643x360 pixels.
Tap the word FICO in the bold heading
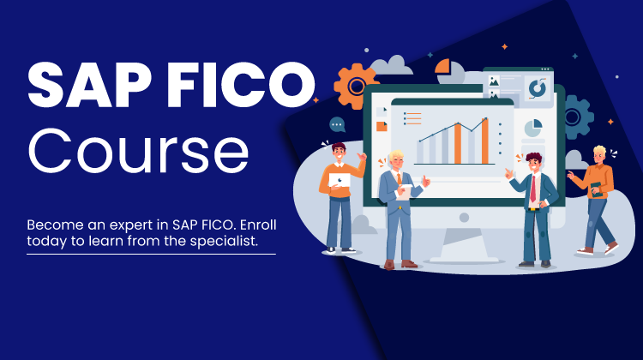(x=241, y=85)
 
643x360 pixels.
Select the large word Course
(x=138, y=151)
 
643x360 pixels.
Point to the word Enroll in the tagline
(x=258, y=225)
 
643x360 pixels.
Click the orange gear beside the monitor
(x=355, y=86)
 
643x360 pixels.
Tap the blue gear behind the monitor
(x=577, y=117)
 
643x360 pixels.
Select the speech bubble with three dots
(x=337, y=124)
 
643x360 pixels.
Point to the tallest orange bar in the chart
(x=484, y=141)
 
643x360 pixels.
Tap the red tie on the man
(x=533, y=189)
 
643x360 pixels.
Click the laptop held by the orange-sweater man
(x=340, y=180)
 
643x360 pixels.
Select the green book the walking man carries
(x=597, y=189)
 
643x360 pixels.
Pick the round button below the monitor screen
(x=464, y=218)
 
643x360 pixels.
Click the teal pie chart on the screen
(x=533, y=128)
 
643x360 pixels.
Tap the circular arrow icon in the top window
(x=538, y=88)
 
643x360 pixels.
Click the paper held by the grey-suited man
(x=404, y=192)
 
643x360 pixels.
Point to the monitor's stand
(x=463, y=245)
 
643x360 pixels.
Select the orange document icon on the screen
(x=382, y=126)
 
